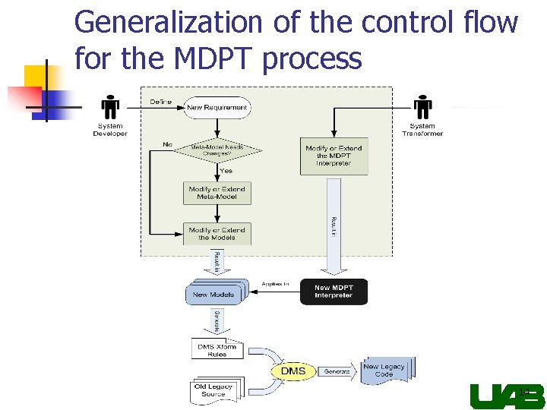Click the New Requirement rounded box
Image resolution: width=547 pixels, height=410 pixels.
click(217, 108)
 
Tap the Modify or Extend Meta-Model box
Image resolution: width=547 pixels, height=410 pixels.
click(217, 193)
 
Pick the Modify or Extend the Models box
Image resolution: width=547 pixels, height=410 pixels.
click(217, 234)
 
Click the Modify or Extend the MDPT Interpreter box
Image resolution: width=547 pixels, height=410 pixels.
click(334, 156)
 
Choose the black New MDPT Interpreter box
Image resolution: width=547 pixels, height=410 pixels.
click(334, 292)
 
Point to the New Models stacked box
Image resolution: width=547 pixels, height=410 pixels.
click(213, 294)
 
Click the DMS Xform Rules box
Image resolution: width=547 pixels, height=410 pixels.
click(217, 350)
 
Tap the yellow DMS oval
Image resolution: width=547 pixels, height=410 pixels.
click(293, 371)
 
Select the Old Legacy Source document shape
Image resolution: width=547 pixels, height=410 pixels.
click(213, 390)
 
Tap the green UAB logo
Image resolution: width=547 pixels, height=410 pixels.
click(507, 396)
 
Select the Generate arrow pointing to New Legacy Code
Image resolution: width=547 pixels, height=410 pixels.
click(337, 372)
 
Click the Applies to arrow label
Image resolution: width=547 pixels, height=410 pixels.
click(275, 284)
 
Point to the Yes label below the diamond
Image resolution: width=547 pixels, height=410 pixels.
click(226, 171)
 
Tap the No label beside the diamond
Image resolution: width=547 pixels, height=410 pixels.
click(166, 144)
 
